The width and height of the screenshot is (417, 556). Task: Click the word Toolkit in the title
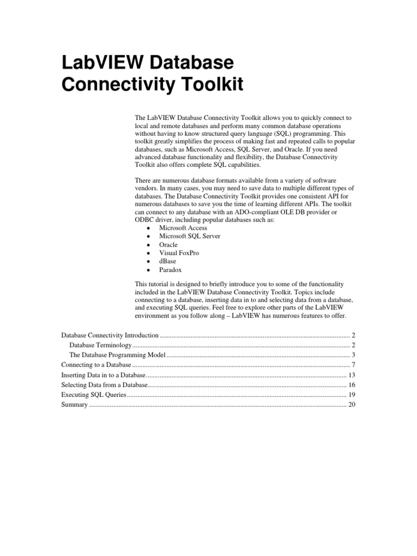click(x=210, y=85)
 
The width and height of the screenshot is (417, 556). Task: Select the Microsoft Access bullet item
click(x=183, y=228)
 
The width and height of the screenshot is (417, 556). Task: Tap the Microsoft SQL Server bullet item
click(x=189, y=236)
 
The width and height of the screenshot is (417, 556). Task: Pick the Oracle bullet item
click(x=168, y=244)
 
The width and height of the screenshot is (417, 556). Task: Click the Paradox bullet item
click(x=170, y=269)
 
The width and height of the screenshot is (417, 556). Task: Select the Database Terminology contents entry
click(x=101, y=345)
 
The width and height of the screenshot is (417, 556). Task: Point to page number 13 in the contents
click(x=351, y=375)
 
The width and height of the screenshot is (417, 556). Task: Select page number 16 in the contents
click(x=351, y=385)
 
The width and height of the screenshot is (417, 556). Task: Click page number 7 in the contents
click(x=353, y=364)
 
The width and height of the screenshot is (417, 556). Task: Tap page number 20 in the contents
click(x=351, y=405)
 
